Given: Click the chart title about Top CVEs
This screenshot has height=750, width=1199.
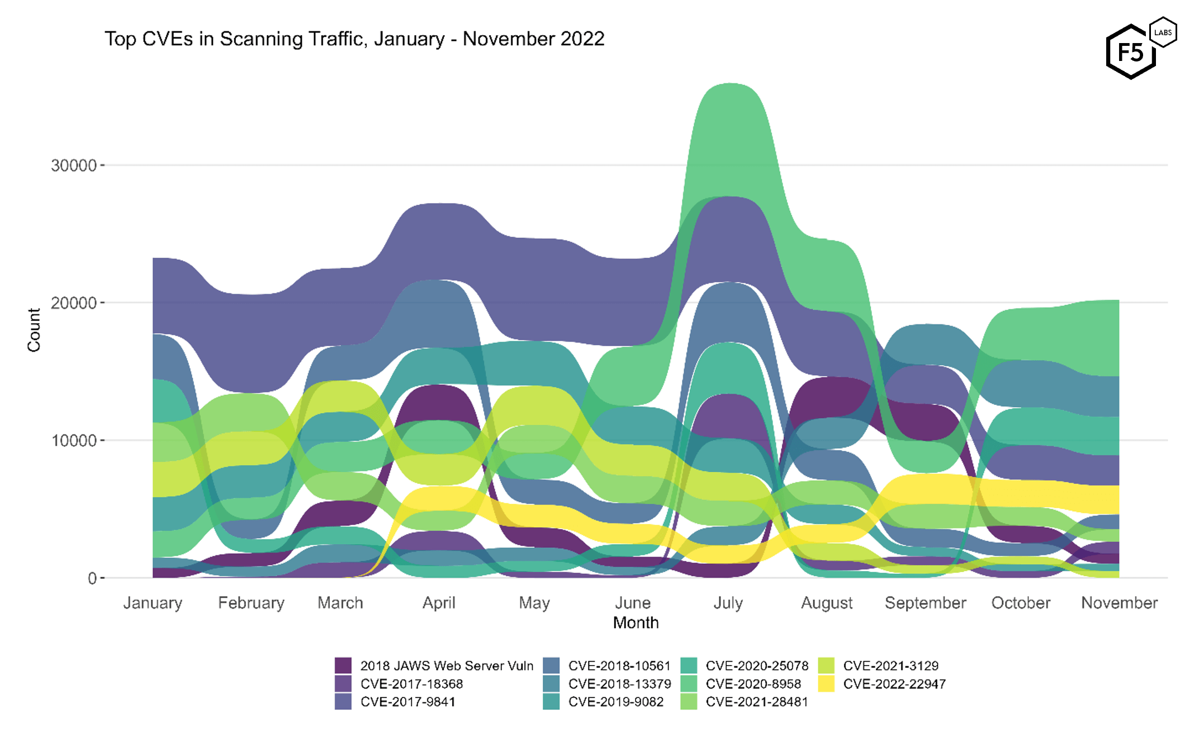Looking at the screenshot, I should pyautogui.click(x=354, y=39).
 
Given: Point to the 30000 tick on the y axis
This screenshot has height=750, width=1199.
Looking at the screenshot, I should pyautogui.click(x=74, y=166).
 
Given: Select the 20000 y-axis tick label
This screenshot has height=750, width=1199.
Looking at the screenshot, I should pyautogui.click(x=74, y=303).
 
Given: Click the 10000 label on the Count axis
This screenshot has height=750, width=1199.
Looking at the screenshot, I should pyautogui.click(x=74, y=441).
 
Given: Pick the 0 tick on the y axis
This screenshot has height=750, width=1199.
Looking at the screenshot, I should pyautogui.click(x=92, y=578).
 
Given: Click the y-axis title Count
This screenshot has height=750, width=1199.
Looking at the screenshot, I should pyautogui.click(x=34, y=330).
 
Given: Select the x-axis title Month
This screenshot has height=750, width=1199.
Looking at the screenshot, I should pyautogui.click(x=636, y=622).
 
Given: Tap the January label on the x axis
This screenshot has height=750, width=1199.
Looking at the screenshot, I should pyautogui.click(x=153, y=603).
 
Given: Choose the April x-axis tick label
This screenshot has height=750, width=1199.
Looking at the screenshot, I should pyautogui.click(x=439, y=603).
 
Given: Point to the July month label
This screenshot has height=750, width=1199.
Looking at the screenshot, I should pyautogui.click(x=728, y=603).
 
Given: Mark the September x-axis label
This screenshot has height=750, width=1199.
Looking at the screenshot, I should pyautogui.click(x=925, y=603).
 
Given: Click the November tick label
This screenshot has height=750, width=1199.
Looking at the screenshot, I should pyautogui.click(x=1119, y=603).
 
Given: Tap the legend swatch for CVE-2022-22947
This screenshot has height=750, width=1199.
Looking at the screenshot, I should pyautogui.click(x=826, y=683).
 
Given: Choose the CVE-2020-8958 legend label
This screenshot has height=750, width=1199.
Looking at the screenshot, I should pyautogui.click(x=753, y=683).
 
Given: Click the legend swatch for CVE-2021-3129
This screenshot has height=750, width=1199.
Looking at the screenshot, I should pyautogui.click(x=826, y=666).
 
